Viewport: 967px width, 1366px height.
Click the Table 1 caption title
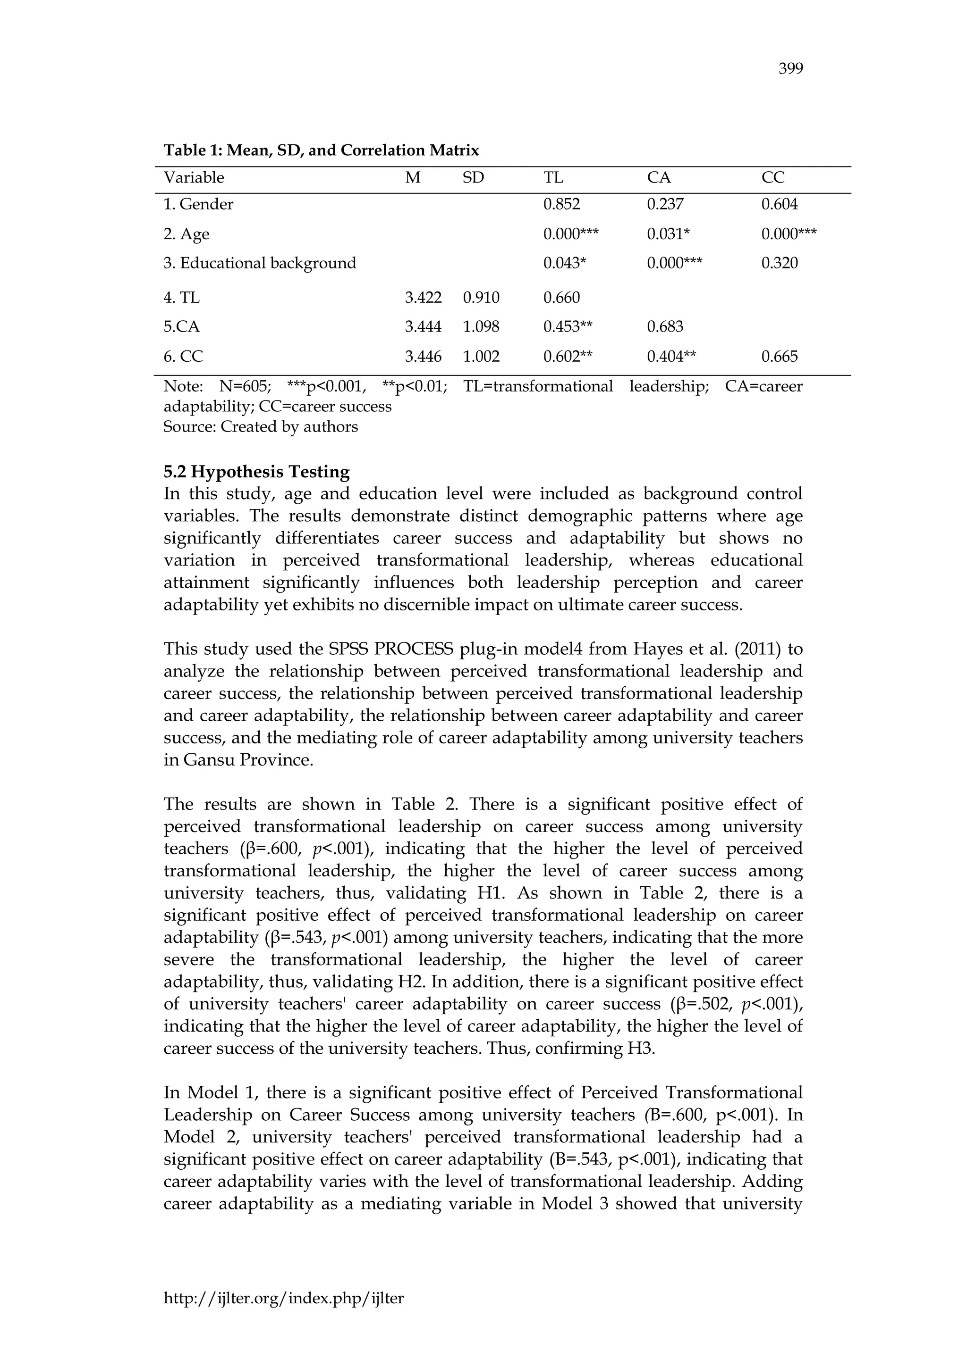pyautogui.click(x=321, y=150)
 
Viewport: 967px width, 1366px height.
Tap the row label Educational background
pyautogui.click(x=260, y=263)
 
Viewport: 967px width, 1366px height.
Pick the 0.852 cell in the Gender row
pyautogui.click(x=561, y=204)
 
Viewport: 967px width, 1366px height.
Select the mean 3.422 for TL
pyautogui.click(x=423, y=298)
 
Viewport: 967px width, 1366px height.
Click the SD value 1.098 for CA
pyautogui.click(x=481, y=326)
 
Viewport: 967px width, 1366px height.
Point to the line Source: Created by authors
pyautogui.click(x=261, y=426)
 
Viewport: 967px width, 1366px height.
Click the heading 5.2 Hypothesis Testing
pyautogui.click(x=257, y=472)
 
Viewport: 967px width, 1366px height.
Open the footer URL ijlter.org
pyautogui.click(x=283, y=1299)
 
